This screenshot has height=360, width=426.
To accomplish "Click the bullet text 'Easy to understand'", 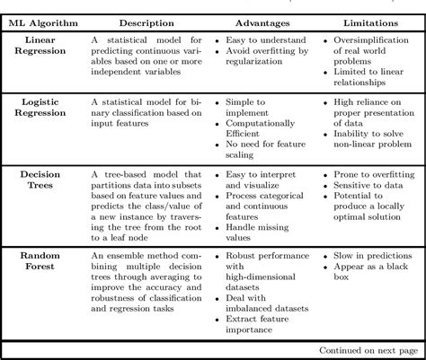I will tap(264, 41).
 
